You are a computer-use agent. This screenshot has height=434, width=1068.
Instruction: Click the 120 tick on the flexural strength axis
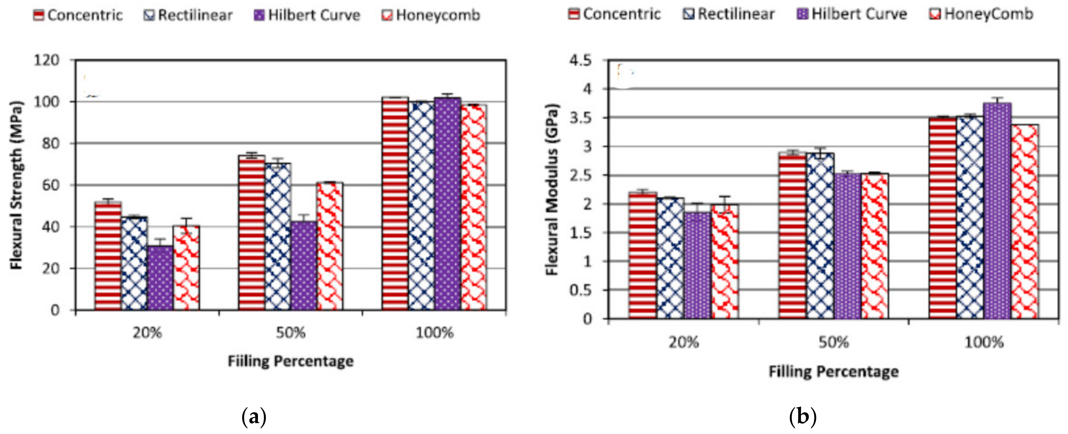tap(46, 60)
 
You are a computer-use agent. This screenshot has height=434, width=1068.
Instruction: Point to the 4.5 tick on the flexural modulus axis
tap(580, 61)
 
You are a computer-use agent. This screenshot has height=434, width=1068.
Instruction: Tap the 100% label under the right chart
tap(984, 343)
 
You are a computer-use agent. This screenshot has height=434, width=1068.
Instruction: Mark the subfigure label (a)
tap(253, 417)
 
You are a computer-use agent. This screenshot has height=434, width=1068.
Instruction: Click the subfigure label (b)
tap(803, 417)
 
